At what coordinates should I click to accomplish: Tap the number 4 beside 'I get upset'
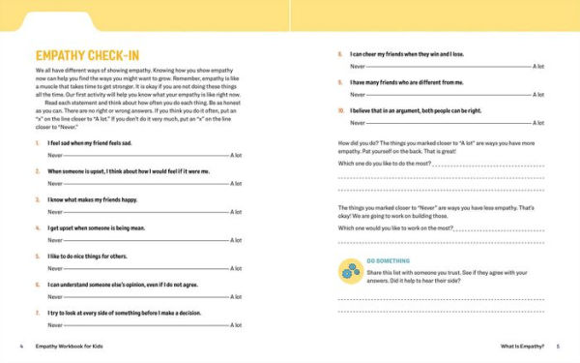(x=35, y=228)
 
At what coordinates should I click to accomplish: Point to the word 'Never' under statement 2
(x=54, y=184)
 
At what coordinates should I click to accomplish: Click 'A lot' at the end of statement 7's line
(x=237, y=325)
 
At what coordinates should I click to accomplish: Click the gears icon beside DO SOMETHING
(x=349, y=271)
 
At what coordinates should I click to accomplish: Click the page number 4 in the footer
(x=20, y=346)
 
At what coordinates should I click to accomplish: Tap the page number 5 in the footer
(x=558, y=346)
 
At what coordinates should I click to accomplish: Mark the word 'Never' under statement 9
(x=357, y=95)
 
